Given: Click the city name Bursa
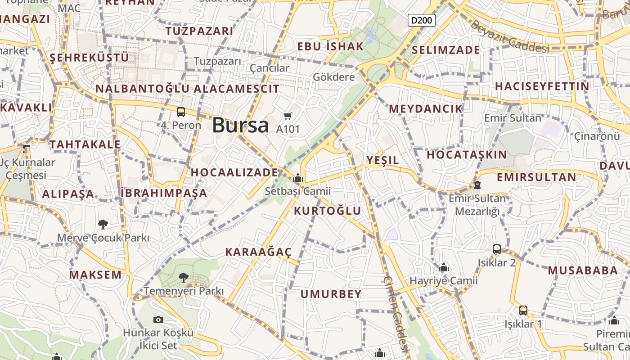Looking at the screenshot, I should (240, 125).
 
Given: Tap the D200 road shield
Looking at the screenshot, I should (422, 20).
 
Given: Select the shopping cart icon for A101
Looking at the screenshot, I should (288, 116).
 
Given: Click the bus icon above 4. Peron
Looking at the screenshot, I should (181, 112).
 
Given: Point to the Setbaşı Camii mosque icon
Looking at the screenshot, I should (297, 178).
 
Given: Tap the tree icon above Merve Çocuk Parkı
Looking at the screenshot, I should (103, 224).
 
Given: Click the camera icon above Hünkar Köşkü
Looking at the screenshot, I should (158, 319).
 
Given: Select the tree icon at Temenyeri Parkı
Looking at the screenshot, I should (183, 278).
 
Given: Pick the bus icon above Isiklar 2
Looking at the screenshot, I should (497, 249).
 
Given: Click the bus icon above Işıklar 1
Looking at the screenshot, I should (523, 310).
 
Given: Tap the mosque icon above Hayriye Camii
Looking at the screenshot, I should (444, 268).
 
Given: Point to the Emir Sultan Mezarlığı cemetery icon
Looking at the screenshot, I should (477, 184).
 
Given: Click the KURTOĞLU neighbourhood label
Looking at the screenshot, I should (328, 211).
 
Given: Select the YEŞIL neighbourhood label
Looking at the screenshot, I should (382, 160).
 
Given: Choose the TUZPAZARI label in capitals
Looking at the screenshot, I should (199, 31).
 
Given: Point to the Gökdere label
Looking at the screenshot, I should (334, 77).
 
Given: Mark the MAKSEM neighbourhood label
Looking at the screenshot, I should (95, 274).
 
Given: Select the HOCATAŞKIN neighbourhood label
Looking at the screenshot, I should (467, 154).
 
